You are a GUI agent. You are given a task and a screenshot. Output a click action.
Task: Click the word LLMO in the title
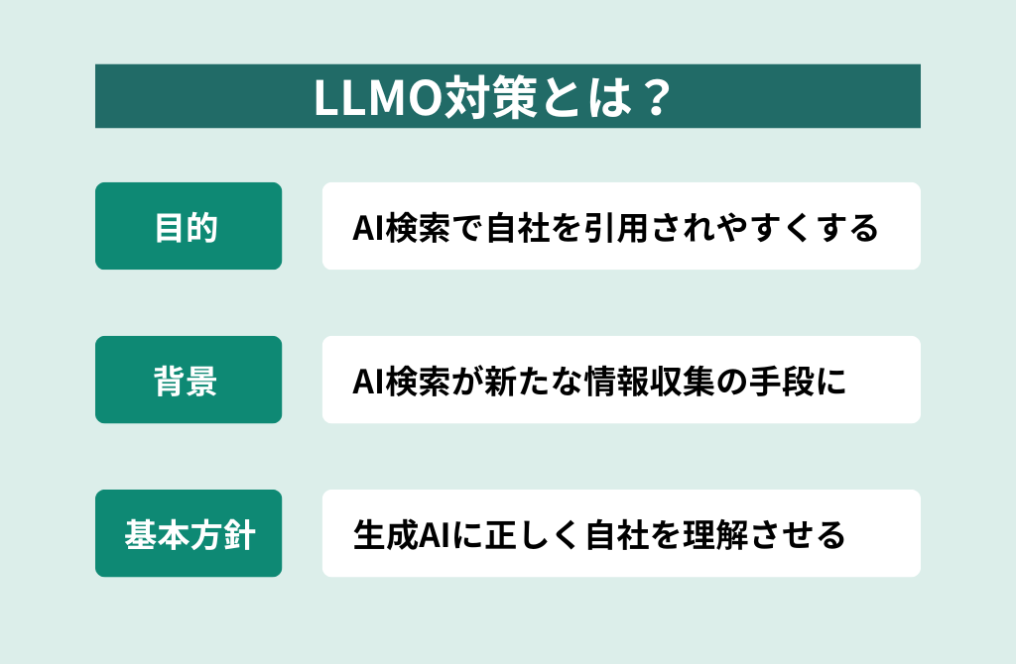pyautogui.click(x=378, y=98)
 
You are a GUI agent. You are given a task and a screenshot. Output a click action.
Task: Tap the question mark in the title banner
pyautogui.click(x=657, y=98)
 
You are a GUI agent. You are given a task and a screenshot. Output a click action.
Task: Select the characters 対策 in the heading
pyautogui.click(x=490, y=98)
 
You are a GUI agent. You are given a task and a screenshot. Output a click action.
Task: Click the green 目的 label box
pyautogui.click(x=189, y=226)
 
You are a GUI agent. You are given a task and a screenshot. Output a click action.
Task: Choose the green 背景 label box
pyautogui.click(x=189, y=380)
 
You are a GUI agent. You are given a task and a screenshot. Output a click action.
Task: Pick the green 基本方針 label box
pyautogui.click(x=189, y=532)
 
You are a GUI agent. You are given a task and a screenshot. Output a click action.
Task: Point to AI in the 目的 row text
pyautogui.click(x=369, y=228)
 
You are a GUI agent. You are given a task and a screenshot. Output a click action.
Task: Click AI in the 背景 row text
pyautogui.click(x=369, y=382)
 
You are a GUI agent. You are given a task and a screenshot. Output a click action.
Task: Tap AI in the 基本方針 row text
pyautogui.click(x=436, y=536)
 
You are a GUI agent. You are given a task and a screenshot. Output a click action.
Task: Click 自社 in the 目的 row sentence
pyautogui.click(x=518, y=228)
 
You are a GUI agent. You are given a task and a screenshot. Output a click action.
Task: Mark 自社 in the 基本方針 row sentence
pyautogui.click(x=617, y=536)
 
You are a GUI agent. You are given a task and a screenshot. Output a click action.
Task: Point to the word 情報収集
pyautogui.click(x=650, y=382)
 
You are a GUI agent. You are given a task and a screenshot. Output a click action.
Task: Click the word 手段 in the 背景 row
pyautogui.click(x=781, y=382)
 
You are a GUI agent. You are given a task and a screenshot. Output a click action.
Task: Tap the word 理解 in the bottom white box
pyautogui.click(x=715, y=536)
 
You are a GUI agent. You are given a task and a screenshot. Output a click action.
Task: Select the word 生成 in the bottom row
pyautogui.click(x=386, y=536)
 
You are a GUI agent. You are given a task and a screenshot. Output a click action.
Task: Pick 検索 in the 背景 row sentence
pyautogui.click(x=418, y=382)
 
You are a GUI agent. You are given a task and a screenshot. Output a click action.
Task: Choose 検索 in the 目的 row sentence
pyautogui.click(x=418, y=228)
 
